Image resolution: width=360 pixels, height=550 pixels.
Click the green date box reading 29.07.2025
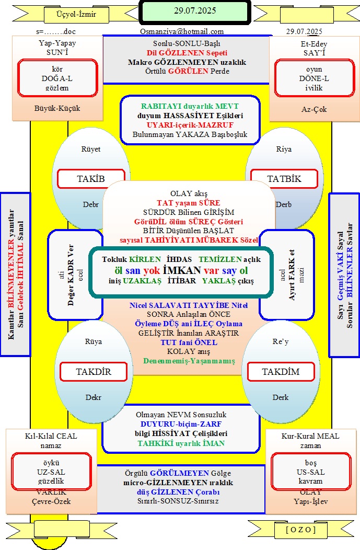tap(195, 12)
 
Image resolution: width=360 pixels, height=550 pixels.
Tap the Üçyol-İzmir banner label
tap(76, 15)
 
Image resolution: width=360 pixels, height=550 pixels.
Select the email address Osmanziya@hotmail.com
tap(182, 31)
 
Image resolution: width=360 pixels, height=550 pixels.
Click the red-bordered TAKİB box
tap(91, 178)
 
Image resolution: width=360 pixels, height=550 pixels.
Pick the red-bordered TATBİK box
tap(284, 178)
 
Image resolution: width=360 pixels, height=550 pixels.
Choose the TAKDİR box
tap(94, 372)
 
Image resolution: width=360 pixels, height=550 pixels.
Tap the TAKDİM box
tap(281, 372)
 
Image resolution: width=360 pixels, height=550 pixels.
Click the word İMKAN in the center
tap(182, 270)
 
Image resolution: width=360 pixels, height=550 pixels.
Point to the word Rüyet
tap(91, 149)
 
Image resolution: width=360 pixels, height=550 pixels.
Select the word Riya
tap(284, 149)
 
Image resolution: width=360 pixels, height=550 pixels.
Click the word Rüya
tap(93, 341)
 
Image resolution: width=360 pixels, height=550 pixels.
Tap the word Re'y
tap(281, 341)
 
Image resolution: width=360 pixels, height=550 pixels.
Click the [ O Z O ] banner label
tap(301, 530)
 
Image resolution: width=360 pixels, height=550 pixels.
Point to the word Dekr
tap(93, 397)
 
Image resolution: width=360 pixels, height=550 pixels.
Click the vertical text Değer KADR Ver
tap(71, 275)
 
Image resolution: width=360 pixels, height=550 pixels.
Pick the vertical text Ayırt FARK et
tap(292, 275)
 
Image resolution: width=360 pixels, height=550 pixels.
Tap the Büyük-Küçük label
tap(57, 108)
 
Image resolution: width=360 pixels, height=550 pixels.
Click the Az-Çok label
tap(314, 109)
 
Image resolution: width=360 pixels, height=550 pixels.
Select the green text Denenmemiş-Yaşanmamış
tap(189, 361)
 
